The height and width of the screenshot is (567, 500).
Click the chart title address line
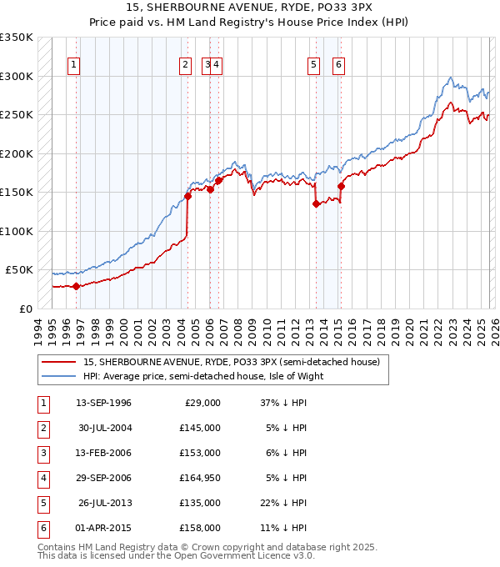click(250, 8)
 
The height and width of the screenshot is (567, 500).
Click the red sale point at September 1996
click(76, 286)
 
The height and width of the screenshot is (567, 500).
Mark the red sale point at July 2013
click(316, 203)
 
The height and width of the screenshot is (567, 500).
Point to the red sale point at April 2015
click(340, 186)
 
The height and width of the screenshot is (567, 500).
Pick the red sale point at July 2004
click(187, 196)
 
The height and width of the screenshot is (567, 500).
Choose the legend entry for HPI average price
click(202, 376)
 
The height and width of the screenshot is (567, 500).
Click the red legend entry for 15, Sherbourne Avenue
click(231, 362)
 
